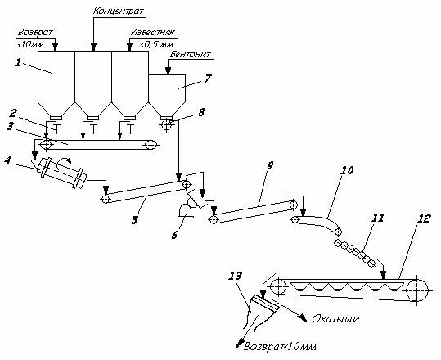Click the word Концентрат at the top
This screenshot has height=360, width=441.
click(x=119, y=11)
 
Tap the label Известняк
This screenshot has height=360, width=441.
click(x=153, y=32)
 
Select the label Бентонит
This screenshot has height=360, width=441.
click(x=190, y=54)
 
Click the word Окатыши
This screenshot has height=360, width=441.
click(x=335, y=319)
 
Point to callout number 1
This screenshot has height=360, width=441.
click(x=18, y=62)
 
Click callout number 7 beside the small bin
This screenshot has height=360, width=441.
click(x=208, y=79)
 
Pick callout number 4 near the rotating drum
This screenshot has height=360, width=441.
click(x=7, y=160)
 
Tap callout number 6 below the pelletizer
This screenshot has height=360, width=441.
click(x=174, y=235)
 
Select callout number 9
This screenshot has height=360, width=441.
click(x=270, y=165)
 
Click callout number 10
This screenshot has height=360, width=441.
click(x=347, y=170)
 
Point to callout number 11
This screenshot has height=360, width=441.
click(x=378, y=218)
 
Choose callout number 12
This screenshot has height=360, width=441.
click(x=423, y=218)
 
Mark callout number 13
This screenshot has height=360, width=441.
click(x=235, y=276)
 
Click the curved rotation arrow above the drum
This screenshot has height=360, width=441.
click(x=62, y=162)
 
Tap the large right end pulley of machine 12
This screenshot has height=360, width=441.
click(x=416, y=290)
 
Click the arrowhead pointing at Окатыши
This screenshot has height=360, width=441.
click(x=304, y=318)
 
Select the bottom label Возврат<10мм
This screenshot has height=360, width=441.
click(x=280, y=346)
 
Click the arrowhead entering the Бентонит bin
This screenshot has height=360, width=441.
click(x=169, y=71)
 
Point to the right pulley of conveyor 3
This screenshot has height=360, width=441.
click(x=151, y=145)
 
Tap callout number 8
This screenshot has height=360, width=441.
click(x=201, y=112)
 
